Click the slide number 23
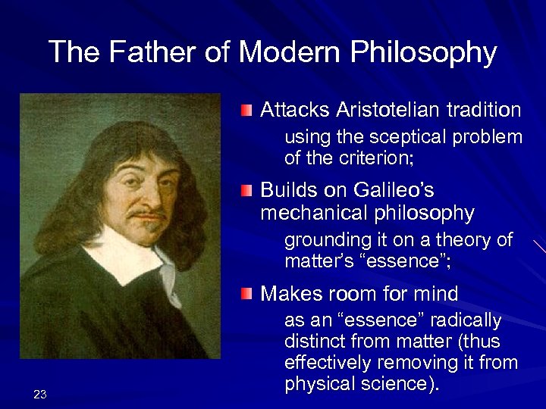click(x=40, y=393)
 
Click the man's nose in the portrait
click(x=130, y=188)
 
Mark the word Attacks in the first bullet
click(x=290, y=111)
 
